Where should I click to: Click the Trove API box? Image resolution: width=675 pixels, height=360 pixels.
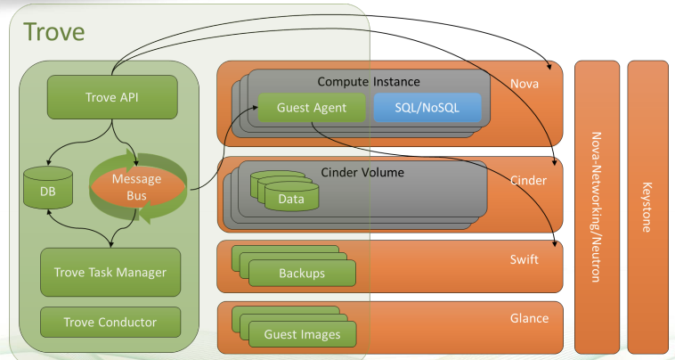[112, 96]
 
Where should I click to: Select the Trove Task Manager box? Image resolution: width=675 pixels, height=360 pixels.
[110, 272]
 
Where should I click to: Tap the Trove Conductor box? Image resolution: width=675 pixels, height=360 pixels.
[110, 322]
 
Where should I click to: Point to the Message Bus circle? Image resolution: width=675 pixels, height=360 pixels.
[136, 187]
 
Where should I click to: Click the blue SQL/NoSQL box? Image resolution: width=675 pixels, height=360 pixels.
[427, 108]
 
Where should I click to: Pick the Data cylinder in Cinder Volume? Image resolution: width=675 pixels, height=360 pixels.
[290, 198]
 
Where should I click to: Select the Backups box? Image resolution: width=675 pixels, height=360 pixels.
[301, 273]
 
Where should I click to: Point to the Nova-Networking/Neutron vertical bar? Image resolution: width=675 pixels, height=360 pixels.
[596, 207]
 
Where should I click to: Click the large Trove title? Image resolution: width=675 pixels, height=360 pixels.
[54, 32]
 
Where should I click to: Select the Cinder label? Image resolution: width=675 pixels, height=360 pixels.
[527, 180]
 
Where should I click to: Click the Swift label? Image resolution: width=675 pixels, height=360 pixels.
[525, 258]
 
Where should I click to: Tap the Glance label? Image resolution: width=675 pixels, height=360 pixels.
[528, 318]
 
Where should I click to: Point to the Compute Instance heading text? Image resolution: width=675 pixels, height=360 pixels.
[369, 82]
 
